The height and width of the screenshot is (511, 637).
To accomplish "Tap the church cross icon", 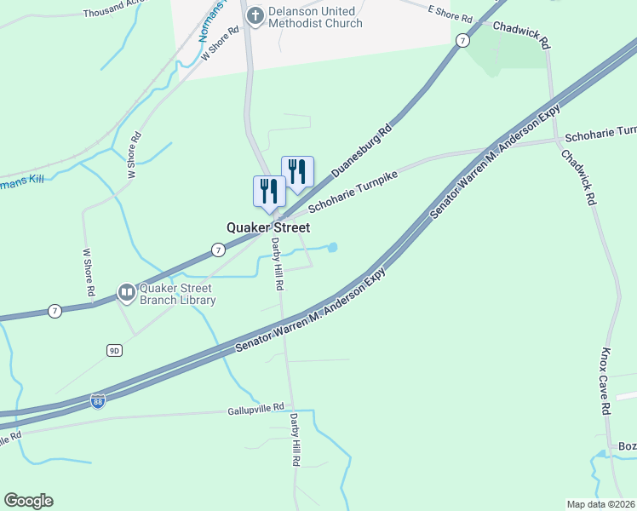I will point(254,14).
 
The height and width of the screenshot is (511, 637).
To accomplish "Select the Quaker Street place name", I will point(267,227).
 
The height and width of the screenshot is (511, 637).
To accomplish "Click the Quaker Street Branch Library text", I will point(177,293).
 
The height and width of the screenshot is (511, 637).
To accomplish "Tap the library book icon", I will point(126,293).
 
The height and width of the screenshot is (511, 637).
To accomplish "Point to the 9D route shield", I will point(114,350).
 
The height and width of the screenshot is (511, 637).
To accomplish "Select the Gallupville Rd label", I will point(244,408).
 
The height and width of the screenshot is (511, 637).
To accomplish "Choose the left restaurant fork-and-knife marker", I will point(269,191).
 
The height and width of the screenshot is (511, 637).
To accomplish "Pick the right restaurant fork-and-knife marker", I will point(297,171).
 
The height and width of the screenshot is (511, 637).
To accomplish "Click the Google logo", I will point(28,501).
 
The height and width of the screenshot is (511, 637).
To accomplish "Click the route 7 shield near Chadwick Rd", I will point(462,40).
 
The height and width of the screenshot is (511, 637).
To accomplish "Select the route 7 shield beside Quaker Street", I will point(219,250).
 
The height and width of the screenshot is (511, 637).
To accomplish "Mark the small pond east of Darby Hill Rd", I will point(332,248).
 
